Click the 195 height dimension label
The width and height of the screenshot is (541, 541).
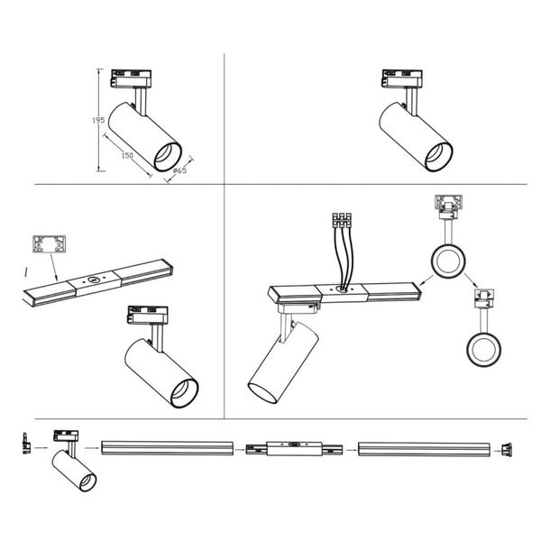click(x=98, y=120)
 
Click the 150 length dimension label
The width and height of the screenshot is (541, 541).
click(x=127, y=155)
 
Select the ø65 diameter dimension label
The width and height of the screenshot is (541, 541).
click(x=179, y=170)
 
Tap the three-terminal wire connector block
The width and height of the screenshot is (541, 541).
click(x=342, y=220)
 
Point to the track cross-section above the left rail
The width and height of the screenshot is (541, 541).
click(x=49, y=244)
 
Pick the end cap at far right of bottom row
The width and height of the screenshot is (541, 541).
click(x=507, y=450)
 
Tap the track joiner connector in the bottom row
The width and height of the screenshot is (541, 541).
click(x=294, y=448)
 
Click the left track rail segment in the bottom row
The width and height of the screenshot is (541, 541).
click(x=167, y=448)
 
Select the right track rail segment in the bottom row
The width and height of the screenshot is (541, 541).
click(x=424, y=449)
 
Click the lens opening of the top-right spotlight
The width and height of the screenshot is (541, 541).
click(x=438, y=156)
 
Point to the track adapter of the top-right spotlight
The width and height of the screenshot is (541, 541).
click(x=402, y=78)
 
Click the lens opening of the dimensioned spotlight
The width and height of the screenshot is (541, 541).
click(x=168, y=156)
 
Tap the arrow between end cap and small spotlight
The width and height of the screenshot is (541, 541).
click(x=41, y=448)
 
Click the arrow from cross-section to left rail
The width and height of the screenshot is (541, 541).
click(x=53, y=267)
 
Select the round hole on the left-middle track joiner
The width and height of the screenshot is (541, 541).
click(x=93, y=280)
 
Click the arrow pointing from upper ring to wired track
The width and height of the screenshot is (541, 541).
click(x=426, y=280)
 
